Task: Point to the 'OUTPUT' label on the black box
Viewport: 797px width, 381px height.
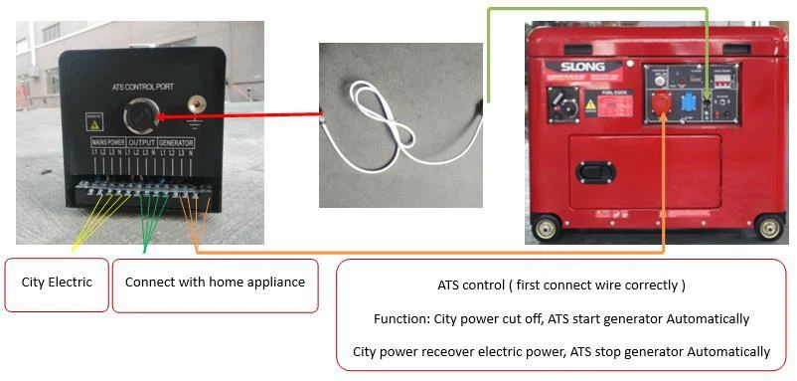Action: pyautogui.click(x=142, y=143)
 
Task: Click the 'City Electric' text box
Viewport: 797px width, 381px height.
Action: pyautogui.click(x=57, y=283)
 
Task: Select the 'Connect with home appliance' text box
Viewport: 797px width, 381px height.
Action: pyautogui.click(x=215, y=283)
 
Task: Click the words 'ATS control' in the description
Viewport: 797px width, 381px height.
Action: pyautogui.click(x=468, y=285)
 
